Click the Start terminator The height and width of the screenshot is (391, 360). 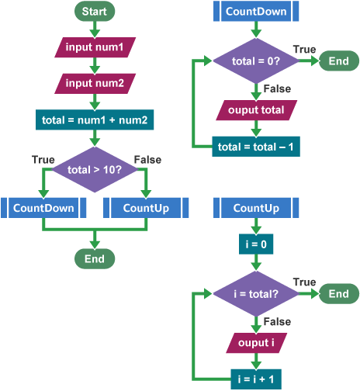[x=95, y=11]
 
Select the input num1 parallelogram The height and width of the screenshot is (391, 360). [x=95, y=47]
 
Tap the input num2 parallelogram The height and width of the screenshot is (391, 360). [x=95, y=84]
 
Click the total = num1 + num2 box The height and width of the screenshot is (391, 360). [x=95, y=119]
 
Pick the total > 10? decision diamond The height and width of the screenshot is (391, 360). [x=95, y=170]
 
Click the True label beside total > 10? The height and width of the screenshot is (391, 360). [x=43, y=160]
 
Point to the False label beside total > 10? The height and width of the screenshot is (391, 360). [x=147, y=160]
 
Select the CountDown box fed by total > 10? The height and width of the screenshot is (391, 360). [x=43, y=208]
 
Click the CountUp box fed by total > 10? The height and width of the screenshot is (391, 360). [x=146, y=208]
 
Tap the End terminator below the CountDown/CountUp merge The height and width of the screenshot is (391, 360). [x=95, y=258]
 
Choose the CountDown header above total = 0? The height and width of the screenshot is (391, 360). [x=256, y=11]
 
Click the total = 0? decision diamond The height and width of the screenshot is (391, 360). [x=256, y=61]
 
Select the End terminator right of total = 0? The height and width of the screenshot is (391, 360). [x=339, y=61]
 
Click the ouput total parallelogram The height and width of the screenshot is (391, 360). [x=256, y=110]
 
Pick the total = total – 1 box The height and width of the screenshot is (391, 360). [x=256, y=147]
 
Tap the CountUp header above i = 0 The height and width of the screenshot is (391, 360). [x=256, y=208]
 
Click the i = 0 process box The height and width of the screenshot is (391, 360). [x=256, y=244]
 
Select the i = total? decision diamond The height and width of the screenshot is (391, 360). [x=256, y=294]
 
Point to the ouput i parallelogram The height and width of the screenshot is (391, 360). [x=256, y=343]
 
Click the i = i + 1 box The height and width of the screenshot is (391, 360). [x=256, y=379]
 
